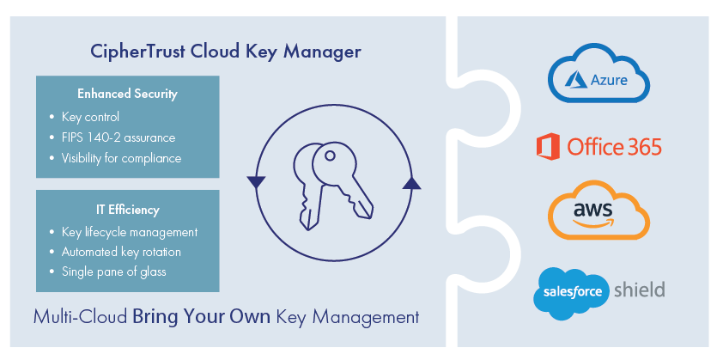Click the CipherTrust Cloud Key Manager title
point(226,52)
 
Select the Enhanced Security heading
point(127,94)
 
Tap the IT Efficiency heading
point(127,210)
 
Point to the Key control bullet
point(90,117)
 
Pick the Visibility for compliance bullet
point(121,158)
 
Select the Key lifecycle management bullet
point(130,232)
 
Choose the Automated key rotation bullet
point(121,253)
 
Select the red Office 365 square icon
point(547,147)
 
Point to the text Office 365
point(614,147)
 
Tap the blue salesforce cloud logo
point(573,293)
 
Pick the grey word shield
point(639,290)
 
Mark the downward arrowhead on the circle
point(255,182)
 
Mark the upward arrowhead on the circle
point(410,182)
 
